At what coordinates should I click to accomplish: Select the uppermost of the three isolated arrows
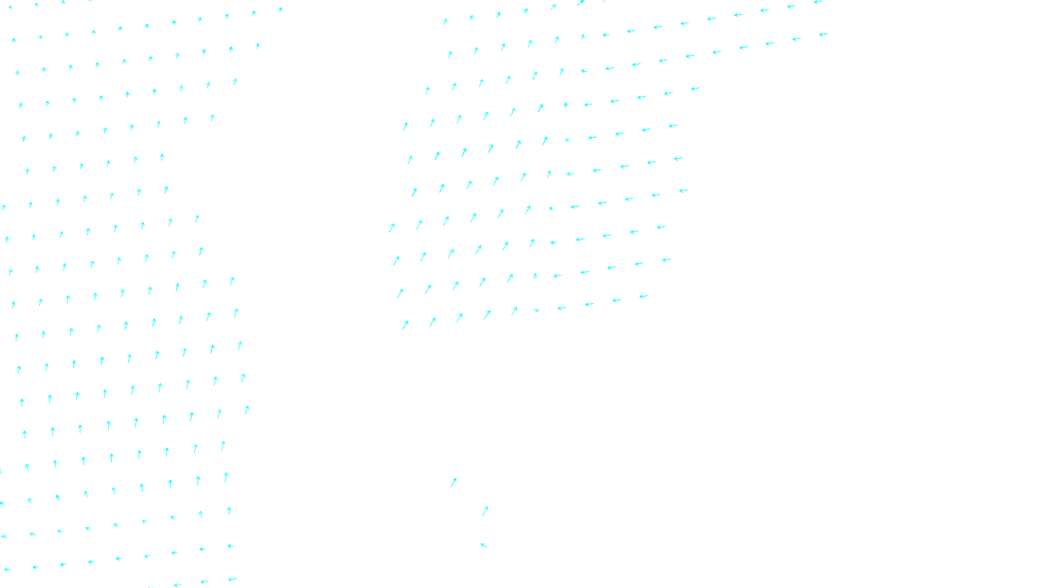[x=453, y=482]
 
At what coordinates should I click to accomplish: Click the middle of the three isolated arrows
[x=485, y=510]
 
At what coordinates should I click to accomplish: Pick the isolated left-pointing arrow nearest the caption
[x=484, y=545]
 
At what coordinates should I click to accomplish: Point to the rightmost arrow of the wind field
[x=823, y=35]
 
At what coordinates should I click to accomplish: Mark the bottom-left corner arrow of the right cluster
[x=405, y=324]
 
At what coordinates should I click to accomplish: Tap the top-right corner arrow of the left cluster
[x=280, y=10]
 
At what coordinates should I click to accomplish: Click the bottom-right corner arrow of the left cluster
[x=231, y=579]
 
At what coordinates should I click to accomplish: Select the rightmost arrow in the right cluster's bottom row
[x=643, y=297]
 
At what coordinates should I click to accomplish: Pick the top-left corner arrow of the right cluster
[x=445, y=21]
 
